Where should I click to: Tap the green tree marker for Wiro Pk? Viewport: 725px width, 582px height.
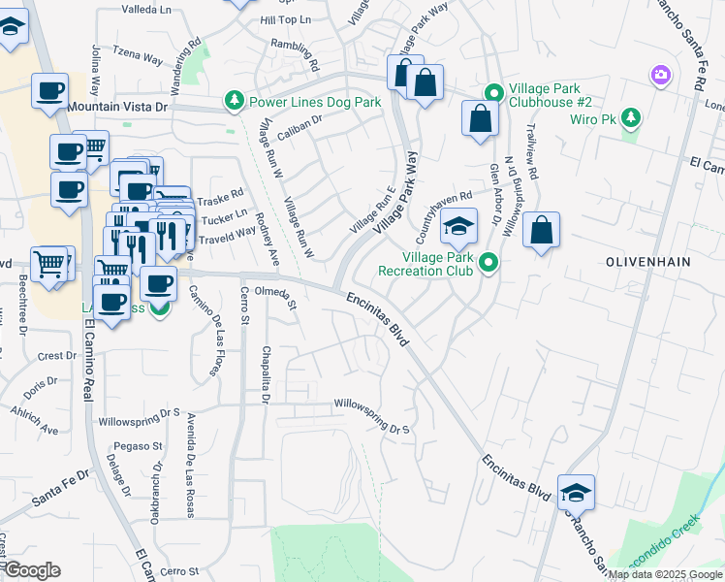tap(631, 118)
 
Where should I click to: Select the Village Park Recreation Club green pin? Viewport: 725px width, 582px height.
tap(489, 262)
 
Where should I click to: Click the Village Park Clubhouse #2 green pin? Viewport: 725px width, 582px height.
tap(493, 93)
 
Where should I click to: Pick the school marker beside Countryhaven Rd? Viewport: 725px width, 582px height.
tap(459, 229)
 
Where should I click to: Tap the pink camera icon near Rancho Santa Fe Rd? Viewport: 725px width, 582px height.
tap(661, 75)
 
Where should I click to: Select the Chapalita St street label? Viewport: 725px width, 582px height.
tap(265, 372)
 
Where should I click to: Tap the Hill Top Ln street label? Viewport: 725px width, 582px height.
tap(286, 19)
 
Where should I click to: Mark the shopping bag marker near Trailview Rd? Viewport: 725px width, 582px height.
tap(542, 231)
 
